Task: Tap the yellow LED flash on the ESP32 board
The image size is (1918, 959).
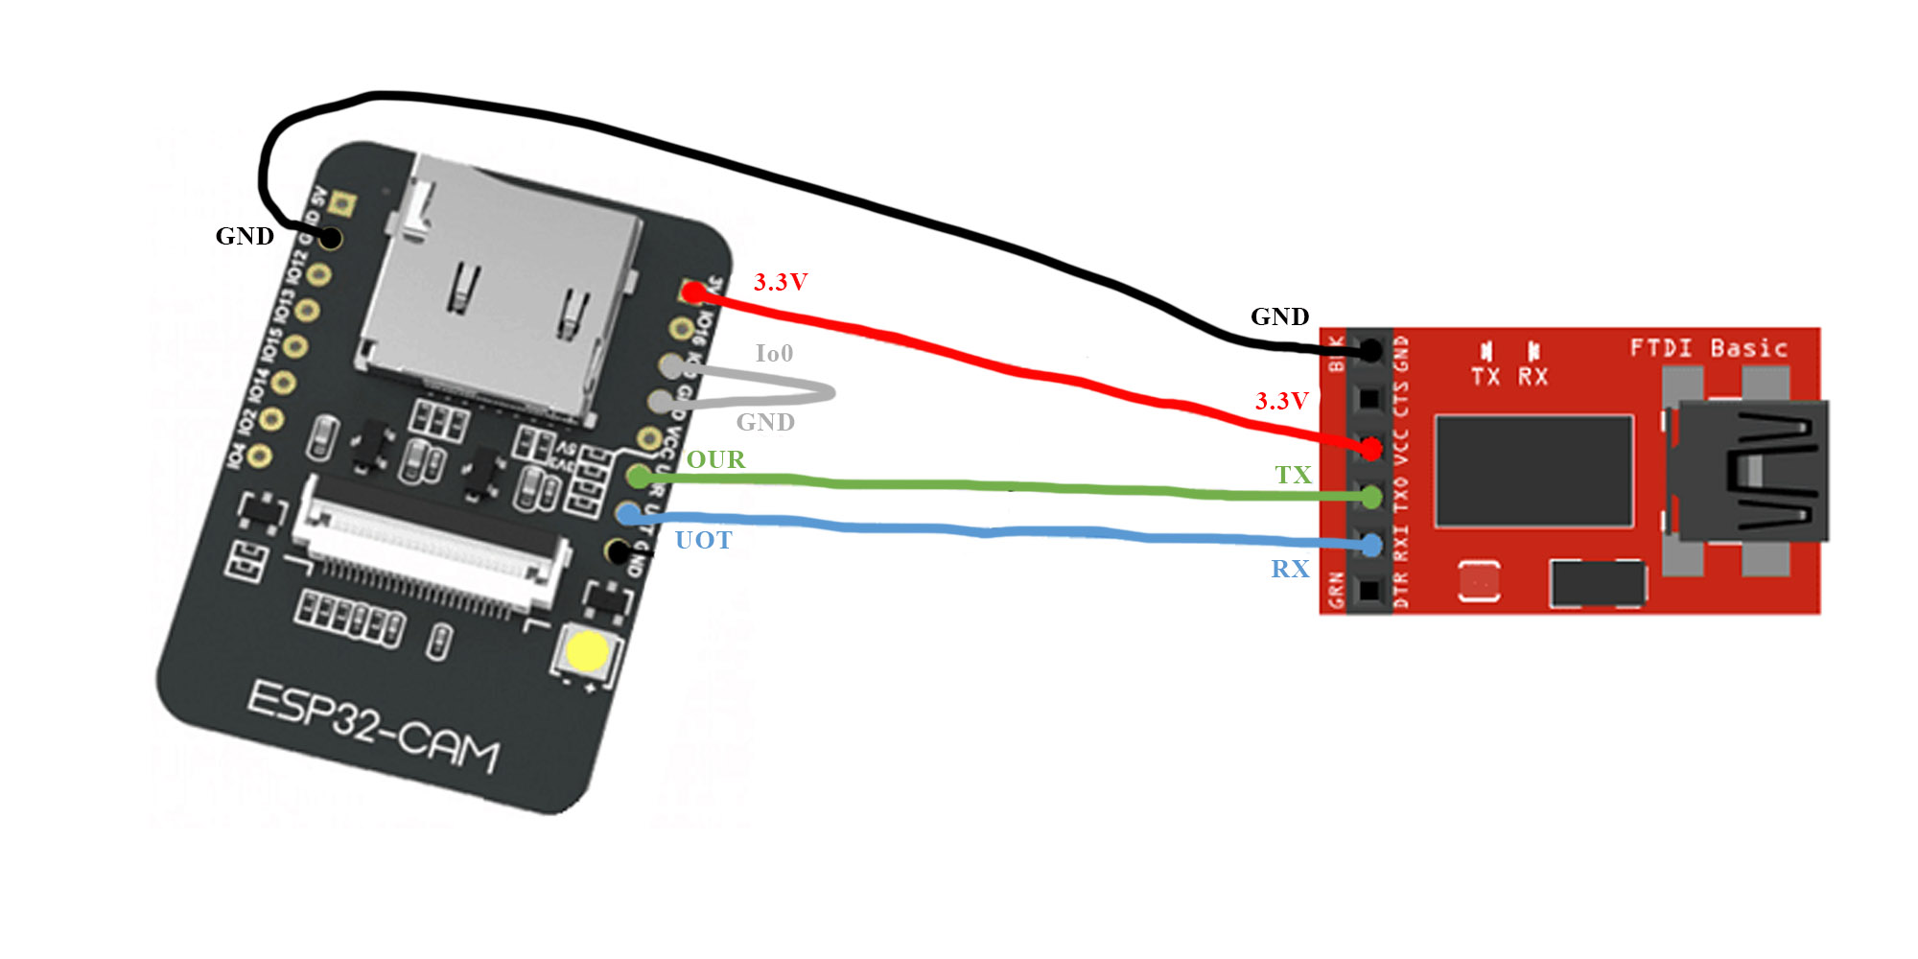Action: [586, 652]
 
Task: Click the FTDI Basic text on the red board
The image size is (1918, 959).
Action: [1709, 347]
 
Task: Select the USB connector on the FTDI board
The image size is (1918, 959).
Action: [1745, 470]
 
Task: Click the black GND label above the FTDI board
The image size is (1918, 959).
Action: [1279, 316]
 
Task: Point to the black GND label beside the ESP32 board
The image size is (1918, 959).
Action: [245, 236]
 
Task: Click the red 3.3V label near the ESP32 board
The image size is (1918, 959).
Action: [780, 282]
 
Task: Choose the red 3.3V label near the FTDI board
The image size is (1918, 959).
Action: [1281, 401]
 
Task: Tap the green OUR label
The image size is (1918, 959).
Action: [715, 459]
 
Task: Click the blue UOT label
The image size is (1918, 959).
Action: [703, 540]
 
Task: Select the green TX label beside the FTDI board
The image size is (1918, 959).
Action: [1293, 475]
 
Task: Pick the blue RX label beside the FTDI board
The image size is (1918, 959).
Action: [1290, 569]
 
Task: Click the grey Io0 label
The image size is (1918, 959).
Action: [774, 353]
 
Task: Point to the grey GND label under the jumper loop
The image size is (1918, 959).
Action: [764, 422]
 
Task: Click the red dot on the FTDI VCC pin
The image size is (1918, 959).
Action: [1371, 448]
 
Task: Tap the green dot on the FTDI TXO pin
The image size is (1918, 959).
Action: [1371, 497]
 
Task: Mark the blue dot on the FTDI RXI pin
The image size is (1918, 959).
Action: [1371, 546]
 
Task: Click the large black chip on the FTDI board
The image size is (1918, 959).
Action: [1533, 471]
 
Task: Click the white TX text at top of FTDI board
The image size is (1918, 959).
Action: [1485, 376]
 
